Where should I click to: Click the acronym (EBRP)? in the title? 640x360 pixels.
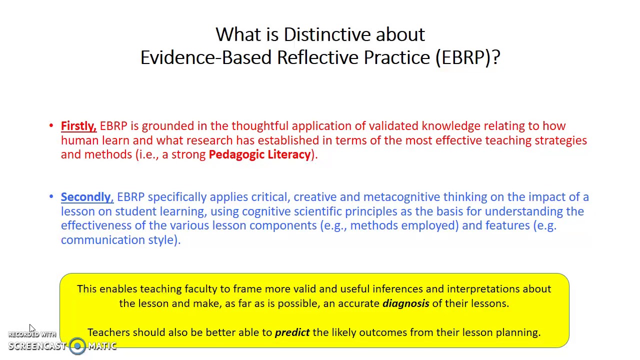(467, 57)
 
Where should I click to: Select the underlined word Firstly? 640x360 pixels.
(78, 126)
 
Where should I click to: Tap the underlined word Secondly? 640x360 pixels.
(86, 197)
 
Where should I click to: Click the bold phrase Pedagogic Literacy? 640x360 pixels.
(259, 154)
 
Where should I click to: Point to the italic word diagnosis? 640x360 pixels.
(405, 303)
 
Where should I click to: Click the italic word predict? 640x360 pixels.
(292, 332)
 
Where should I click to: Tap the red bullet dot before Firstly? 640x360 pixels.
(51, 126)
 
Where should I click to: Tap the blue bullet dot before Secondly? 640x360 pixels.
(51, 197)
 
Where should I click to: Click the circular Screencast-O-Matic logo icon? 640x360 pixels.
(77, 346)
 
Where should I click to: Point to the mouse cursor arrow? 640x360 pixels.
(31, 328)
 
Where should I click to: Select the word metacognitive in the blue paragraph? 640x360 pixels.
(401, 197)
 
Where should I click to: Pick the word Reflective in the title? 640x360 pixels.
(318, 57)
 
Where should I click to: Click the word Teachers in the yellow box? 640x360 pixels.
(108, 332)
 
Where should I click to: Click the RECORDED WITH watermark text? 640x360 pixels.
(32, 334)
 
